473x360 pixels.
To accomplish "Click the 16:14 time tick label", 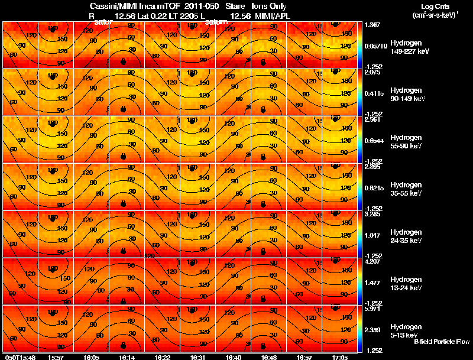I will [x=125, y=357].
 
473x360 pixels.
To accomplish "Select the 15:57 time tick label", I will [x=56, y=357].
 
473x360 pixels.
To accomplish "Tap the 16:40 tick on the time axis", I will [x=233, y=357].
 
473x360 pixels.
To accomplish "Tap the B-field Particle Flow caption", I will [x=442, y=342].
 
